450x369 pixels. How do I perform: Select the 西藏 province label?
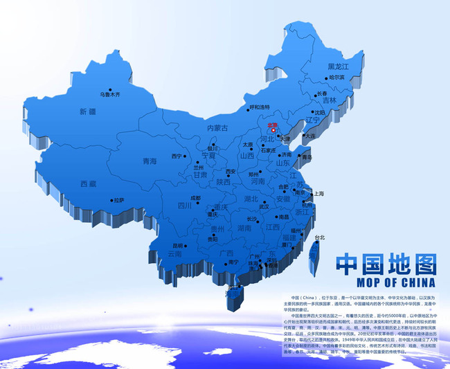[88, 183]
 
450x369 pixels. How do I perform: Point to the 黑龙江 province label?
[339, 66]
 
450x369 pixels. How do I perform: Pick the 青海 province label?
[150, 161]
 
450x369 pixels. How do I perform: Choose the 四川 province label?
[185, 206]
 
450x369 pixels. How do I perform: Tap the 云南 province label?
[175, 254]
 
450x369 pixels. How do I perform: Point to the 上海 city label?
[319, 194]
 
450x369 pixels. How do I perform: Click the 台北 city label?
[319, 237]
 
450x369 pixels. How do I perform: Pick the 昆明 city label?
[178, 244]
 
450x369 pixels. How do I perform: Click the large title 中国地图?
[386, 263]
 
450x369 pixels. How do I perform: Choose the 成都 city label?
[196, 198]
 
